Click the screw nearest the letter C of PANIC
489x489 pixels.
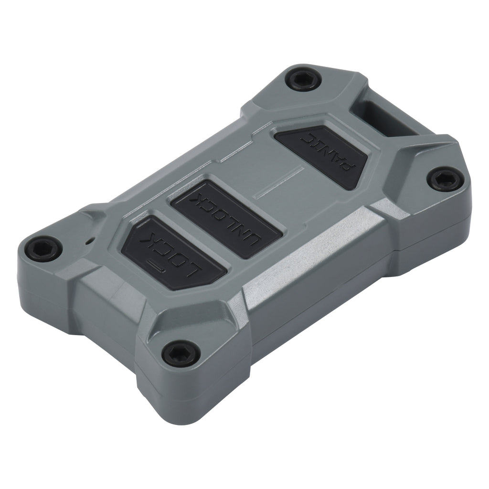pos(303,79)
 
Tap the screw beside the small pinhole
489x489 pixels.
pos(43,248)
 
